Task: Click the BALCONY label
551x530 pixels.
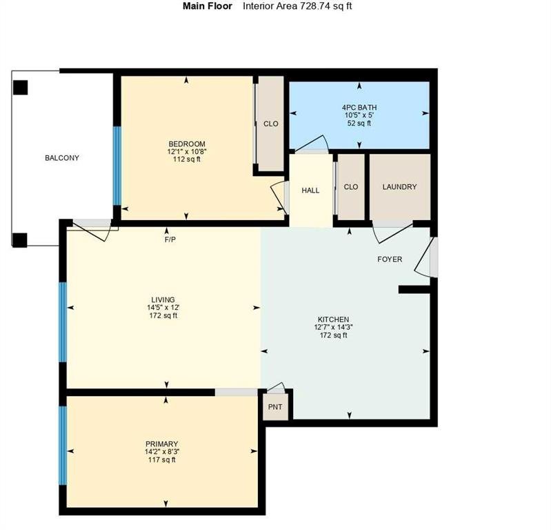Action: pyautogui.click(x=62, y=158)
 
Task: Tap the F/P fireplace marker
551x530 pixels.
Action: pyautogui.click(x=170, y=240)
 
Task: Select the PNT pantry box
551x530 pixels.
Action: pyautogui.click(x=276, y=406)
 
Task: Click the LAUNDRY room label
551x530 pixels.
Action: pyautogui.click(x=399, y=187)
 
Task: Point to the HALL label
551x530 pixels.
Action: pyautogui.click(x=310, y=190)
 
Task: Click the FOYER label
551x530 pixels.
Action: pyautogui.click(x=390, y=259)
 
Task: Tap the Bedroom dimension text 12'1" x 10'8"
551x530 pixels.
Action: pyautogui.click(x=187, y=152)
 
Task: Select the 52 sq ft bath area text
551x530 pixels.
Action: pyautogui.click(x=359, y=123)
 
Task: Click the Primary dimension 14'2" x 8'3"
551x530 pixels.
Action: pyautogui.click(x=162, y=451)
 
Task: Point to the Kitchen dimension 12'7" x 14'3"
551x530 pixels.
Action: pyautogui.click(x=334, y=327)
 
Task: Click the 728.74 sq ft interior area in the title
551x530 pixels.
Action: pyautogui.click(x=325, y=6)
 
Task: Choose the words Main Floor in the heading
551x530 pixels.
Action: pyautogui.click(x=208, y=6)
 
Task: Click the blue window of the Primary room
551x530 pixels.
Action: pyautogui.click(x=63, y=446)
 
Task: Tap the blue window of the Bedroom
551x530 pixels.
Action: pyautogui.click(x=117, y=166)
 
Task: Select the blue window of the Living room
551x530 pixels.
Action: pyautogui.click(x=63, y=322)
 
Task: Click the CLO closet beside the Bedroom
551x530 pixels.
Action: pyautogui.click(x=271, y=124)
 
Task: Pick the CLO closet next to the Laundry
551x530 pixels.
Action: pyautogui.click(x=351, y=187)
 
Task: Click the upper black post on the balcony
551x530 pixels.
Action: pyautogui.click(x=21, y=88)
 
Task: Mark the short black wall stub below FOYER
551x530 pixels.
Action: pyautogui.click(x=414, y=289)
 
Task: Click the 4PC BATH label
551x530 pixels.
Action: pyautogui.click(x=359, y=107)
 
